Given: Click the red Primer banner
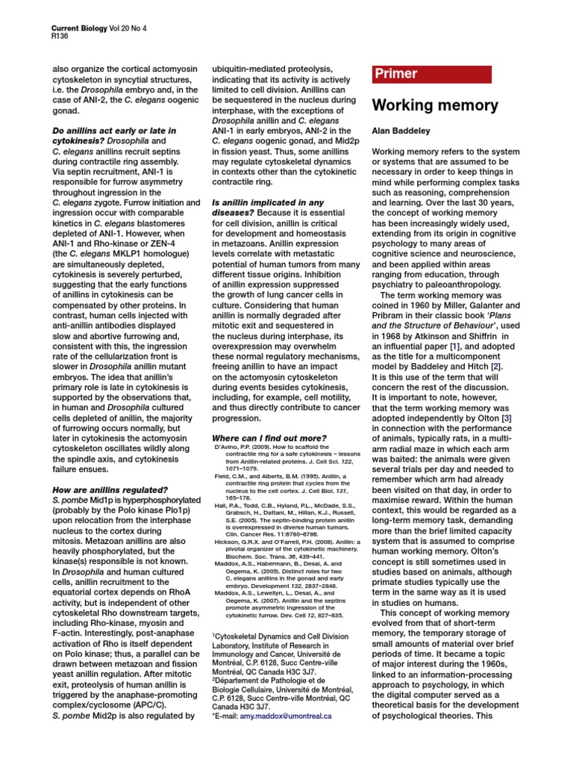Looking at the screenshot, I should [431, 74].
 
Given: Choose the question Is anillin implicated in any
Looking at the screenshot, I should [268, 202].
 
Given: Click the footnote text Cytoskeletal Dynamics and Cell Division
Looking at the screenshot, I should [283, 637].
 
